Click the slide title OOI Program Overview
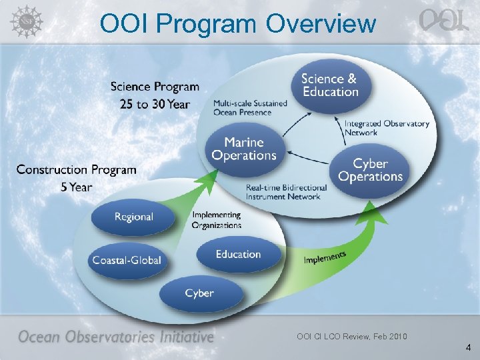237,23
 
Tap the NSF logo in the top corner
25,21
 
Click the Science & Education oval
329,85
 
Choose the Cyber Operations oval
370,170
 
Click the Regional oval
133,217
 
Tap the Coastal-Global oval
127,260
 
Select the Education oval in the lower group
238,255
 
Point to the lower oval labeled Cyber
199,293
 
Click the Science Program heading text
155,87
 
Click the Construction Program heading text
76,170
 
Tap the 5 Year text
76,187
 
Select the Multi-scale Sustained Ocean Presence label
250,108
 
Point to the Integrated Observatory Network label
387,128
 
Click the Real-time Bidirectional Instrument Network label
287,192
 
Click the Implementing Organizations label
217,221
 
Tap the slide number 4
468,347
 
